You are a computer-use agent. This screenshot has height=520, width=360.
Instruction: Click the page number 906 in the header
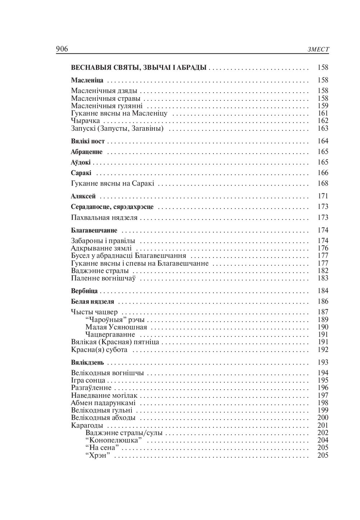[62, 49]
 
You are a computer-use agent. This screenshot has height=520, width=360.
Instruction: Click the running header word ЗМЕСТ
[318, 50]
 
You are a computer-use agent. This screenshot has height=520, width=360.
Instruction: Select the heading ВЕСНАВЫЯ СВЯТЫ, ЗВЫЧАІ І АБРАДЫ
[139, 67]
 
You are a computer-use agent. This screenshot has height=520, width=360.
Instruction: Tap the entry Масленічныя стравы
[105, 98]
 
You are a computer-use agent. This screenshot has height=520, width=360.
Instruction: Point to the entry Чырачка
[85, 121]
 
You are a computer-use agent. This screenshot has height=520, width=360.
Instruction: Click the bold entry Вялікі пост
[88, 141]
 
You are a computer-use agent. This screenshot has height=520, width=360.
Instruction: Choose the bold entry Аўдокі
[81, 162]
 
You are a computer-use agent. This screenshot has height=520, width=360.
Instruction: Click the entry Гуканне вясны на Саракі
[112, 183]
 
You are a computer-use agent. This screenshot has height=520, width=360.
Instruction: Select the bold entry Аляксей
[83, 196]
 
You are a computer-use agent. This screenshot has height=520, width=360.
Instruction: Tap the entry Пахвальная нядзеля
[104, 218]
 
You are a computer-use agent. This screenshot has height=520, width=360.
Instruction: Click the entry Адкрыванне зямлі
[102, 248]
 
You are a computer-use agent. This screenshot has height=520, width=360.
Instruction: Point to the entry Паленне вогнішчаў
[103, 278]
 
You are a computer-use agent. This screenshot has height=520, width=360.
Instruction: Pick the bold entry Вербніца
[84, 291]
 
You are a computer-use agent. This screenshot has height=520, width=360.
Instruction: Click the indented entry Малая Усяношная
[116, 327]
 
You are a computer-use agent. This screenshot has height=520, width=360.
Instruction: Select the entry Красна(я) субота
[99, 350]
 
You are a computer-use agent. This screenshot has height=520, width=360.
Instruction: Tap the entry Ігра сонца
[88, 380]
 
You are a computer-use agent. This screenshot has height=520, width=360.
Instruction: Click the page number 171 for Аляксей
[323, 196]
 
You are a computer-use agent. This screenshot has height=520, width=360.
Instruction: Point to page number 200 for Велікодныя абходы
[323, 418]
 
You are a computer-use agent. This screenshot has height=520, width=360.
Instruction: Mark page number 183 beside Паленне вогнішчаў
[323, 278]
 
